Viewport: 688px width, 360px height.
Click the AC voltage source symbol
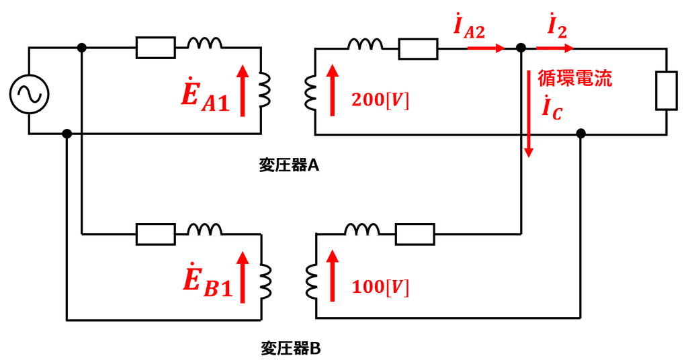[x=29, y=94]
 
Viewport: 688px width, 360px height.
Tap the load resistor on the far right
[x=666, y=90]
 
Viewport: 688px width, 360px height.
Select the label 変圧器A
[x=289, y=165]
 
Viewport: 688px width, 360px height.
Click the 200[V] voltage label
[x=380, y=100]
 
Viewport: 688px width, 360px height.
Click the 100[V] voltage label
[x=380, y=287]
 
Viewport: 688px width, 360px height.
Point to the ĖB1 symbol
[x=207, y=281]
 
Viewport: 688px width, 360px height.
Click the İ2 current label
[x=557, y=27]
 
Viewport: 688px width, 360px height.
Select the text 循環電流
[x=575, y=79]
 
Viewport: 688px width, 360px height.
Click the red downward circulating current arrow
[x=529, y=114]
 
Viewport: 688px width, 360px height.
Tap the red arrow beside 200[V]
[x=332, y=90]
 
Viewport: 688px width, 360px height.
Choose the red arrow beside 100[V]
[x=332, y=275]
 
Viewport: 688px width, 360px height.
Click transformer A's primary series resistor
[x=156, y=48]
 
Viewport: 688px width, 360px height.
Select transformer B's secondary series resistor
[x=415, y=234]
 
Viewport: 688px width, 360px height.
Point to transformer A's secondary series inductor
[x=365, y=44]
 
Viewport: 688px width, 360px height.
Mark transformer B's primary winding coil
[x=265, y=281]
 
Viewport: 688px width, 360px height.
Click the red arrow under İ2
[x=554, y=48]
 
